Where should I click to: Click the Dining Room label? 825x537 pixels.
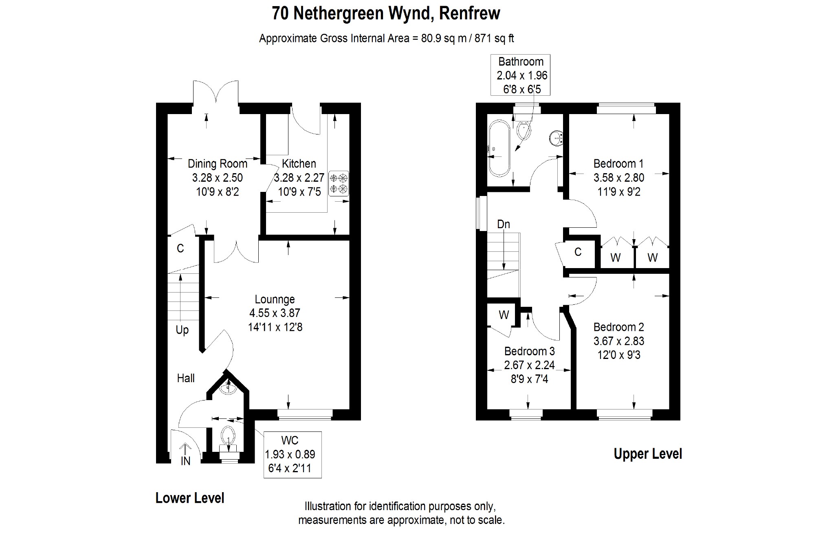[217, 164]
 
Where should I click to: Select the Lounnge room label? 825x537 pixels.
[275, 299]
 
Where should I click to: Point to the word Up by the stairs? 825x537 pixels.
[182, 330]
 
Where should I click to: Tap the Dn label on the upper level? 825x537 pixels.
[504, 224]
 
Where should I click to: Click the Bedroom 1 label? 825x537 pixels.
[618, 164]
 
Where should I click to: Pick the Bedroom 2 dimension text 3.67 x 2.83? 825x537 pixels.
[619, 341]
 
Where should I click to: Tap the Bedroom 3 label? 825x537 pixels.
[529, 351]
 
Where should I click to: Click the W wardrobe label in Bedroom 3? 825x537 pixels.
[504, 315]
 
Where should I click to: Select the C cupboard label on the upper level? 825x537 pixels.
[578, 252]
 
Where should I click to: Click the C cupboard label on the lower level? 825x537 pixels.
[180, 248]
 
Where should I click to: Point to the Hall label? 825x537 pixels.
[186, 378]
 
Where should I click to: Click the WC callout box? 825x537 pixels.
[293, 454]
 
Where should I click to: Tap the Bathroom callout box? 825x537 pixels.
[520, 75]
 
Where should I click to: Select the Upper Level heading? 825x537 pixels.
[648, 454]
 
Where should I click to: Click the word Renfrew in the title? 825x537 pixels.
[469, 13]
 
